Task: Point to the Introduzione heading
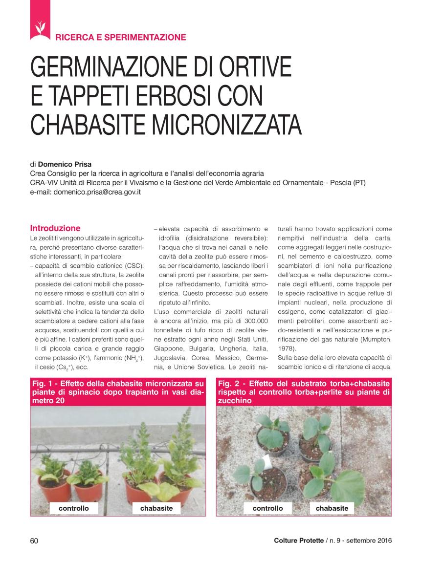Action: (x=55, y=228)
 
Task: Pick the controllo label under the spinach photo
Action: (x=73, y=508)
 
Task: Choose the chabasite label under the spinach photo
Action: (x=156, y=508)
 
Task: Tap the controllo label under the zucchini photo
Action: (x=267, y=508)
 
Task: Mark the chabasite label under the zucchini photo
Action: (x=332, y=508)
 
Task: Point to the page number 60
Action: (x=34, y=540)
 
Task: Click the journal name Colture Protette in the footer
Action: (x=298, y=540)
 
